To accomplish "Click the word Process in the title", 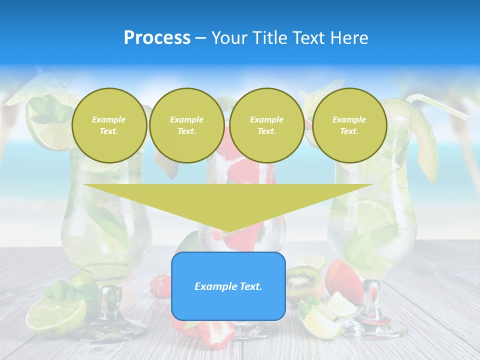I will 157,38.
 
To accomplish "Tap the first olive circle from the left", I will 109,125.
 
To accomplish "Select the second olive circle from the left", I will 186,125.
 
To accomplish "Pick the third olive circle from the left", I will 266,125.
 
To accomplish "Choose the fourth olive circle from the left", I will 349,125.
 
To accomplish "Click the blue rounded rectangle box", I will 228,286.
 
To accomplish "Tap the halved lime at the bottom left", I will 55,316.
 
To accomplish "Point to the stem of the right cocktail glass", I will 371,297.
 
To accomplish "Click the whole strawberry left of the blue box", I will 160,285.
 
